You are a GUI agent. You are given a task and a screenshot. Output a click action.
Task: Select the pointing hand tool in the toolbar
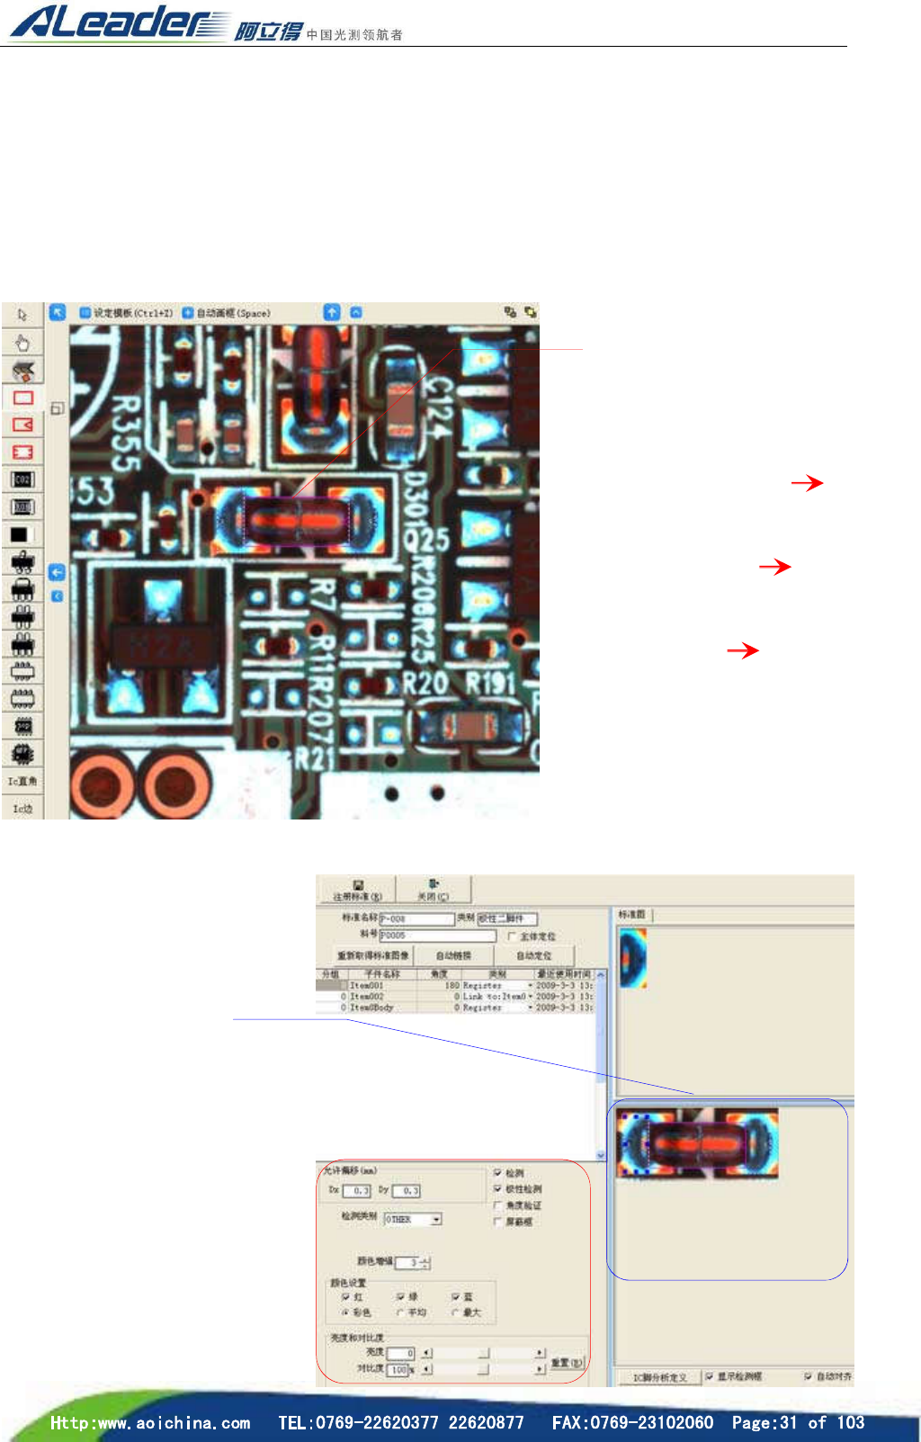[22, 343]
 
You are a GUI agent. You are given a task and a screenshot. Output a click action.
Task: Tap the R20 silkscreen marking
[425, 684]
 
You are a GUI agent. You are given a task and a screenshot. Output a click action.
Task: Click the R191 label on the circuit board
[491, 684]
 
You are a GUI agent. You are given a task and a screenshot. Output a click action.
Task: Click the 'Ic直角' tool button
[22, 781]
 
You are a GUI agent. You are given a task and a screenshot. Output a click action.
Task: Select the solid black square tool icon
[20, 534]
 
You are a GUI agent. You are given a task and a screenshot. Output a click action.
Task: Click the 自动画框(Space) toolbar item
[226, 313]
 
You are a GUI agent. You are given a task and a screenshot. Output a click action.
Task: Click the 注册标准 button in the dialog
[357, 891]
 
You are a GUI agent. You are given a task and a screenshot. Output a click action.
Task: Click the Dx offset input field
[357, 1190]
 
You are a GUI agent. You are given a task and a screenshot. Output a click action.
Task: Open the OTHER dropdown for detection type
[436, 1220]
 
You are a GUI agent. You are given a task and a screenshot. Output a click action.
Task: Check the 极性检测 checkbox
[498, 1189]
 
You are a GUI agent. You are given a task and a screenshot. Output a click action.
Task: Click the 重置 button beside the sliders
[567, 1364]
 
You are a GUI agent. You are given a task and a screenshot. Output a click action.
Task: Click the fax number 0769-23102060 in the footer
[632, 1422]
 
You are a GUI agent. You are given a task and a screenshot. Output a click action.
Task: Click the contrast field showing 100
[398, 1370]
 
